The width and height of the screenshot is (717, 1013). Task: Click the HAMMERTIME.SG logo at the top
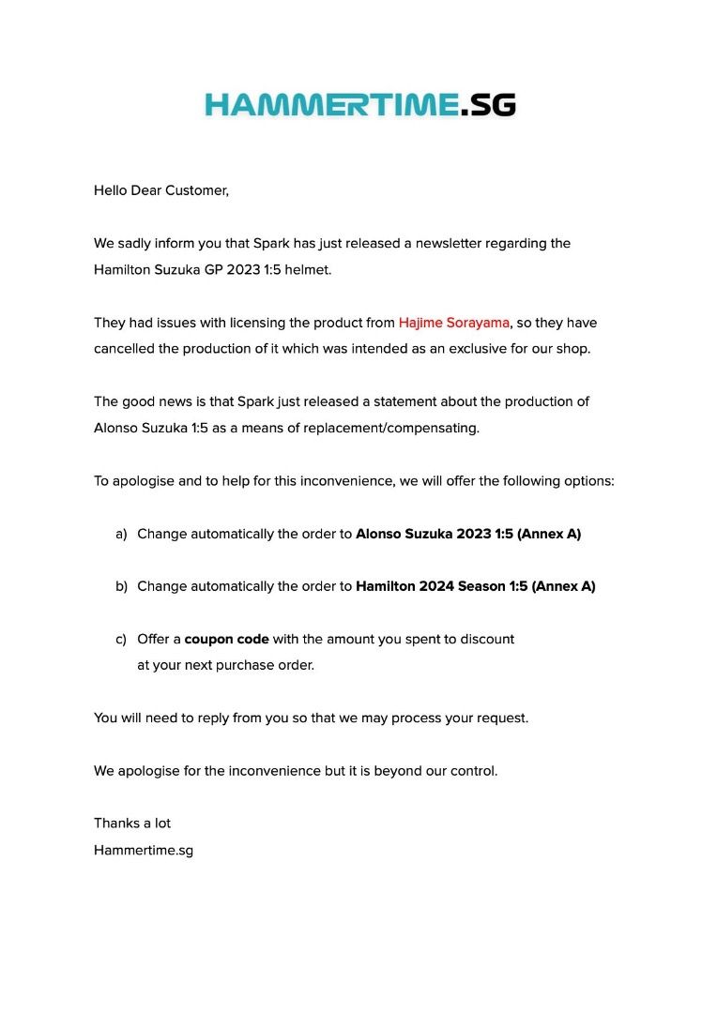(x=359, y=104)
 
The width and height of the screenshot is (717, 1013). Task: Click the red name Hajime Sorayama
(x=453, y=323)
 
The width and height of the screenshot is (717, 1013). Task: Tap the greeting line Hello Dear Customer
(x=160, y=190)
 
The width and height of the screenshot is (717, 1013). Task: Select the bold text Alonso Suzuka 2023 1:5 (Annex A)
(x=467, y=534)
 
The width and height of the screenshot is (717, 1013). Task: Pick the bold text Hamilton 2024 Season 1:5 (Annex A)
(x=475, y=586)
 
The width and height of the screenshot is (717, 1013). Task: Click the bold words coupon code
(x=226, y=639)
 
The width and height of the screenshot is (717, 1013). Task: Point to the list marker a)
(x=121, y=534)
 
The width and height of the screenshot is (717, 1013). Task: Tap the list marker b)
(x=121, y=586)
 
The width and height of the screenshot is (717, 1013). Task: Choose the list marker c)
(x=121, y=639)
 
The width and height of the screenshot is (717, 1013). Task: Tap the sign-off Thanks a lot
(x=132, y=824)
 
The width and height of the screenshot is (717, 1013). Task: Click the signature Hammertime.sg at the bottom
(x=144, y=851)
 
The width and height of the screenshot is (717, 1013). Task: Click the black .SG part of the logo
(x=489, y=104)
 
